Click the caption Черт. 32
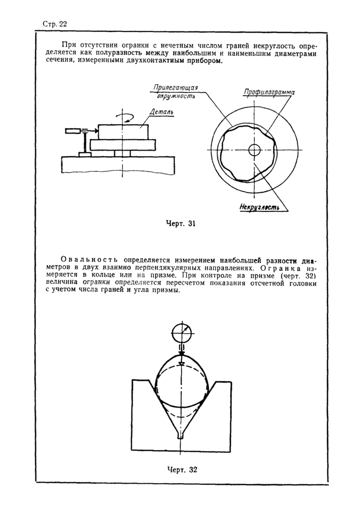(x=182, y=470)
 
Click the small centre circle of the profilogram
(x=254, y=150)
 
